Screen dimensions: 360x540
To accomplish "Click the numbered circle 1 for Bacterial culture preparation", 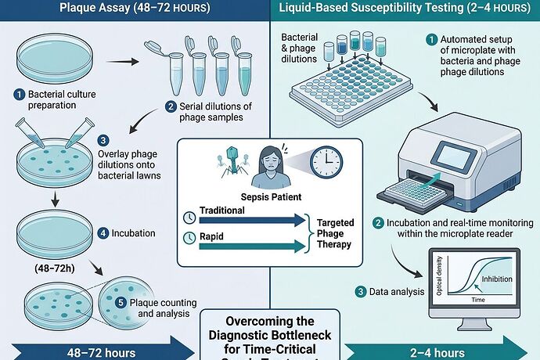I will pos(19,95).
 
